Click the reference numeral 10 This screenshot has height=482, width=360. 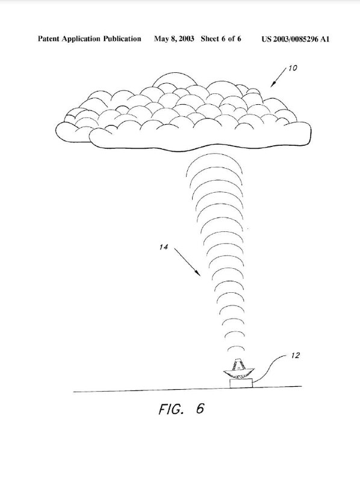click(293, 68)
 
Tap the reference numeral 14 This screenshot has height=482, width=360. click(164, 247)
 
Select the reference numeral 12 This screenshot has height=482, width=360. click(295, 355)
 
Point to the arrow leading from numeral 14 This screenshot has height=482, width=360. click(187, 261)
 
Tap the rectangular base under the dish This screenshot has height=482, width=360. click(241, 383)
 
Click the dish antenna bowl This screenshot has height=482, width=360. click(239, 373)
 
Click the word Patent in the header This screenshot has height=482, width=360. click(49, 39)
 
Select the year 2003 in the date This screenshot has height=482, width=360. click(186, 39)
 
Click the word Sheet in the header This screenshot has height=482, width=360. click(209, 39)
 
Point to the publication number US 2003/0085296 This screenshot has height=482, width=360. click(290, 39)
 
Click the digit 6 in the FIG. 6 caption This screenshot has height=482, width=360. click(200, 408)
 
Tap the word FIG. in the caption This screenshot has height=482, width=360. click(172, 409)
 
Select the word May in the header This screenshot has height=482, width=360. click(160, 39)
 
